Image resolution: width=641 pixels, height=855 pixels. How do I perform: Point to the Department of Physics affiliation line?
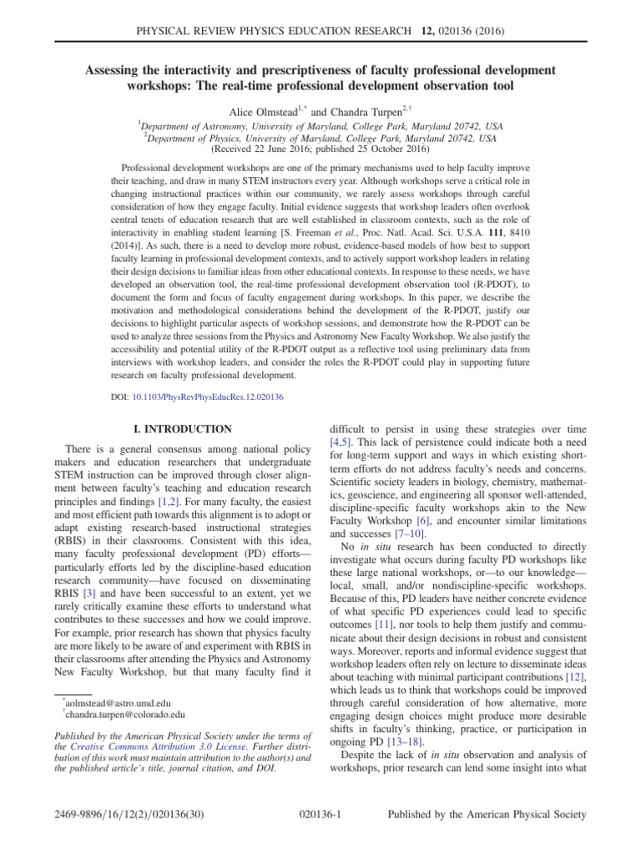pyautogui.click(x=320, y=138)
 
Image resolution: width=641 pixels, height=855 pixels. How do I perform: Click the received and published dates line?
pyautogui.click(x=320, y=151)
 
